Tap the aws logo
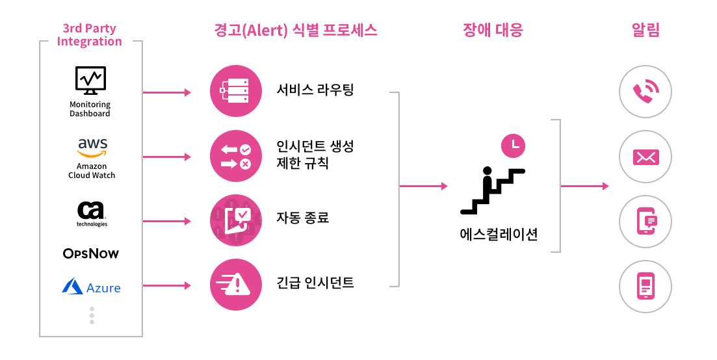pos(92,148)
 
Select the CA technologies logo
pos(92,211)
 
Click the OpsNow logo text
pos(91,253)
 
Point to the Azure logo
pos(91,287)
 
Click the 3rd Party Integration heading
pos(90,35)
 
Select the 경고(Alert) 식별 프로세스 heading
pos(295,30)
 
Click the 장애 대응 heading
pos(493,30)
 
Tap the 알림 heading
pos(645,30)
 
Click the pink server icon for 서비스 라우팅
pos(235,92)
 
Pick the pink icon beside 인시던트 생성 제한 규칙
pos(235,156)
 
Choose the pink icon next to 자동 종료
pos(235,220)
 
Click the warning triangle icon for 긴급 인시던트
pos(235,284)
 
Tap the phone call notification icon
pos(645,92)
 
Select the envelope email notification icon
pos(645,157)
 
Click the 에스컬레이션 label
pos(499,234)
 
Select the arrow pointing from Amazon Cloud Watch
pos(166,157)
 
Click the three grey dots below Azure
pos(92,315)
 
